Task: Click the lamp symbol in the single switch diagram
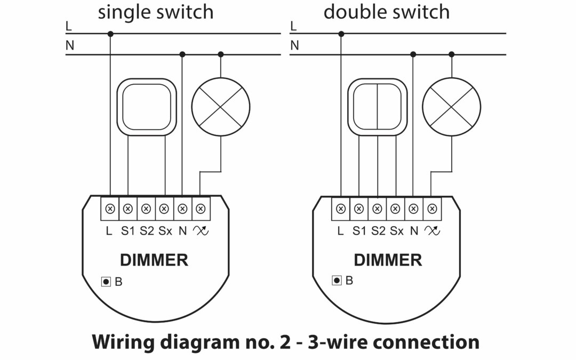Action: click(x=221, y=106)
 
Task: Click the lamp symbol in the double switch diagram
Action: click(x=451, y=106)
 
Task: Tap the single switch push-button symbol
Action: click(x=146, y=106)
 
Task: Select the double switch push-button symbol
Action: click(x=377, y=106)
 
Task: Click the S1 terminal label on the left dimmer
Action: click(x=127, y=231)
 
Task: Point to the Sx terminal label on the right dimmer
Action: click(x=396, y=231)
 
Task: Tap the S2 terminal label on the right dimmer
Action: click(x=378, y=231)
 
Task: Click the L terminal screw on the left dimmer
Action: click(x=110, y=209)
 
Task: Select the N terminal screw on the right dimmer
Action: click(x=413, y=209)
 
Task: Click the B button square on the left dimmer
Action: click(x=106, y=281)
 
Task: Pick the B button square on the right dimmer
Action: click(x=337, y=280)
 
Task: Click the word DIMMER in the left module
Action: click(x=154, y=260)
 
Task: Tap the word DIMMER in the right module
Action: click(x=388, y=260)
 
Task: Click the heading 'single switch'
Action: click(x=155, y=12)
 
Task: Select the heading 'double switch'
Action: click(x=387, y=12)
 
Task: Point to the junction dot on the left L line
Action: click(x=110, y=34)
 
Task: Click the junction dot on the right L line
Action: click(x=341, y=34)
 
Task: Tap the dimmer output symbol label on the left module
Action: click(x=201, y=231)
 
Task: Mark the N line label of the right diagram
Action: click(x=294, y=46)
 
